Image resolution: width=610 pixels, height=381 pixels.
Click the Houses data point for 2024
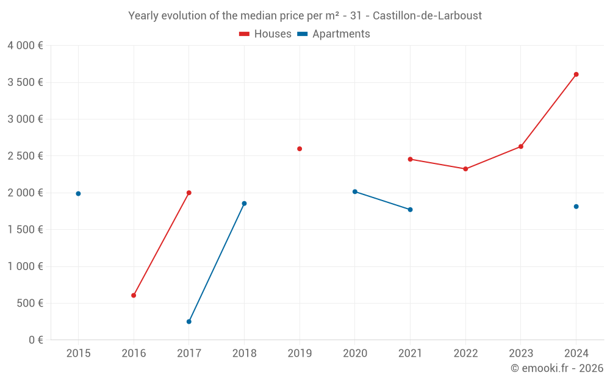click(x=576, y=74)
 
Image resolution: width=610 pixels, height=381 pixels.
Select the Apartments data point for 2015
click(x=78, y=194)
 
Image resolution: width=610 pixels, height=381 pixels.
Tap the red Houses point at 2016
click(x=134, y=296)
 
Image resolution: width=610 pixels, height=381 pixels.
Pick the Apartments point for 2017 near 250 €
click(x=189, y=322)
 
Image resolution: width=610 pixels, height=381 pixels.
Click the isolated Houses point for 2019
click(x=300, y=149)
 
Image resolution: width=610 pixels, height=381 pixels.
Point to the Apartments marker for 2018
click(x=244, y=204)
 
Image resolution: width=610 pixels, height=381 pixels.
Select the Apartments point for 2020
click(x=355, y=191)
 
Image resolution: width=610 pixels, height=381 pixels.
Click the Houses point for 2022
click(x=465, y=169)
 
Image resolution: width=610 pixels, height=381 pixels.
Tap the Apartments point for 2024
click(x=576, y=207)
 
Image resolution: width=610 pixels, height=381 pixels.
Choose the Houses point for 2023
click(x=521, y=146)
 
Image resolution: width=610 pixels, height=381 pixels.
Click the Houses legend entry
click(x=265, y=34)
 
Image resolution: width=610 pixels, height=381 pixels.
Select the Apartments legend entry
click(x=334, y=34)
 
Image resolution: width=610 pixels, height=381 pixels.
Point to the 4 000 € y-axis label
click(x=25, y=46)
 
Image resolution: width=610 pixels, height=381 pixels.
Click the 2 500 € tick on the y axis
click(x=25, y=156)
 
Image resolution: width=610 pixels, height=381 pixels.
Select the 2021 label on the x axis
click(x=410, y=353)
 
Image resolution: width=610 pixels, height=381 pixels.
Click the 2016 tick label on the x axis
click(x=134, y=353)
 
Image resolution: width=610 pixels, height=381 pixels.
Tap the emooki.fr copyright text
click(x=556, y=368)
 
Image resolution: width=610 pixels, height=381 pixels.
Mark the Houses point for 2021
click(x=410, y=159)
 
